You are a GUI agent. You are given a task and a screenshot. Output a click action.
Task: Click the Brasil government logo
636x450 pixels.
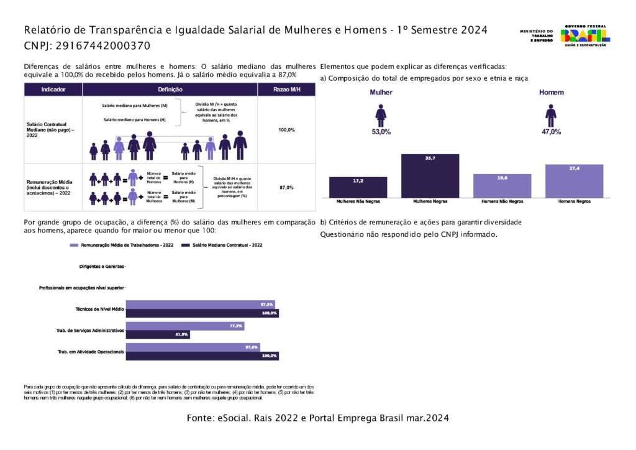(584, 35)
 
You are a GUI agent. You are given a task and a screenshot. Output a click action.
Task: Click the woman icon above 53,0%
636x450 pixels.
(381, 115)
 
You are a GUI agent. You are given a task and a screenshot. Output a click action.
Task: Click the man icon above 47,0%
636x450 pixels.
(551, 115)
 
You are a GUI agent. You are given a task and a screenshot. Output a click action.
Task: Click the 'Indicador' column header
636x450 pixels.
(53, 90)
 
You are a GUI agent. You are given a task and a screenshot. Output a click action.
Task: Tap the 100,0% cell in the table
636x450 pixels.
(286, 130)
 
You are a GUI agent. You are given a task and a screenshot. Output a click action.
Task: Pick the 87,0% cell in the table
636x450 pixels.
(286, 187)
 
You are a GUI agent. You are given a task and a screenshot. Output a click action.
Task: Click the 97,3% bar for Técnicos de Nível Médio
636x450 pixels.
(200, 305)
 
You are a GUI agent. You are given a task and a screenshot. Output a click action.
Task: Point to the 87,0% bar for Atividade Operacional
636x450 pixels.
(193, 347)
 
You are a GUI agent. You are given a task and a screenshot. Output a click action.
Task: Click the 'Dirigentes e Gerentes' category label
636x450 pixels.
(101, 267)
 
